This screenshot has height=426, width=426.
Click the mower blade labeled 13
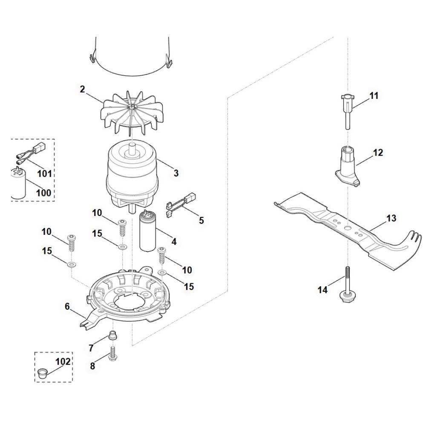(348, 231)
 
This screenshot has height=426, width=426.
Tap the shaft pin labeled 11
(348, 111)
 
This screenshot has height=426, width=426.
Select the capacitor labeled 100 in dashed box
(18, 183)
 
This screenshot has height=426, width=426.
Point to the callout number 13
(391, 218)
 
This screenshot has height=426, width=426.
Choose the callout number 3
(176, 173)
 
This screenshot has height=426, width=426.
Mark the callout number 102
(63, 361)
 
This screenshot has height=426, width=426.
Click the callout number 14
(323, 290)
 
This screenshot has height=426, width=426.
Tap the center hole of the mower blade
(348, 227)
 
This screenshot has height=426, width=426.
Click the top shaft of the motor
(132, 150)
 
